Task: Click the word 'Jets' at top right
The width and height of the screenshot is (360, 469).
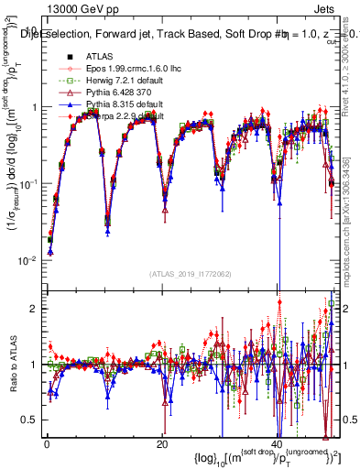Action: [x=331, y=9]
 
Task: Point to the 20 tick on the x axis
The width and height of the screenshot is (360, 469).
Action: [x=162, y=443]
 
